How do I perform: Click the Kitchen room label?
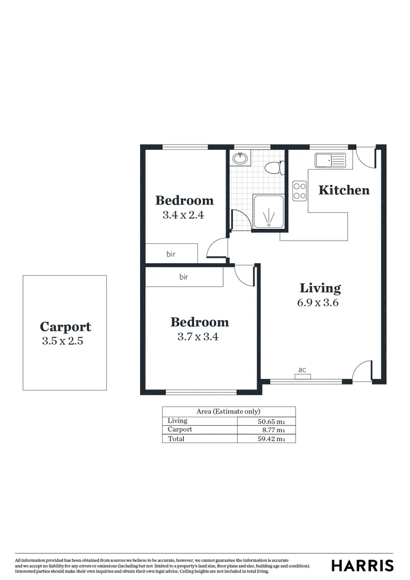[x=344, y=190]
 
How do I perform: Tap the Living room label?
[x=320, y=288]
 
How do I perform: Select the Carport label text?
[x=65, y=327]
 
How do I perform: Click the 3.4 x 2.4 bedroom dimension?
[x=184, y=215]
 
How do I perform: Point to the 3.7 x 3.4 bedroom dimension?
[x=199, y=337]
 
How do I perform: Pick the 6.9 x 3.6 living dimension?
[x=318, y=302]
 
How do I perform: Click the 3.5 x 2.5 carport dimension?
[x=63, y=341]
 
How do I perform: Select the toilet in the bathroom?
[x=274, y=168]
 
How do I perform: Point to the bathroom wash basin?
[x=240, y=158]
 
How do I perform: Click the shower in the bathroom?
[x=268, y=214]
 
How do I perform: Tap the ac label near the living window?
[x=302, y=370]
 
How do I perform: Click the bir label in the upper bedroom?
[x=171, y=253]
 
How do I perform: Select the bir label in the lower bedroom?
[x=184, y=277]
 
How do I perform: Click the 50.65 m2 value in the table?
[x=271, y=421]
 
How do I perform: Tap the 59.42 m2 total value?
[x=271, y=439]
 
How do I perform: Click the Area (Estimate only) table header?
[x=228, y=411]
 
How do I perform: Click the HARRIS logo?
[x=362, y=565]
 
